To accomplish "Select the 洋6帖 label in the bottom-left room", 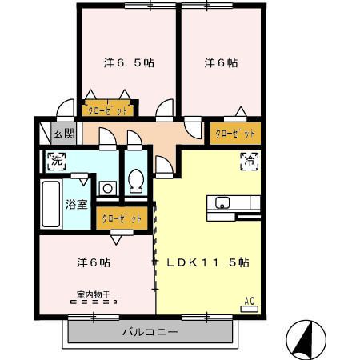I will [x=94, y=262].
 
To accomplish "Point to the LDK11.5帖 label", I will [x=208, y=262].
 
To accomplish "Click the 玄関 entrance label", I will [x=63, y=134].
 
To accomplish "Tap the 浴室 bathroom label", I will [x=77, y=203].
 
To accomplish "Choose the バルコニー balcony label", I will [x=150, y=331].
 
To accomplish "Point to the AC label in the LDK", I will [x=249, y=301].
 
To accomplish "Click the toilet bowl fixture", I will [x=134, y=182].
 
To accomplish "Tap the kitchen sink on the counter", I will [x=221, y=202].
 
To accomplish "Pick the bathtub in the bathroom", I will [x=50, y=203].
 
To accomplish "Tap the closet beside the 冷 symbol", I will [x=235, y=133].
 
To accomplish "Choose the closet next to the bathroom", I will [x=121, y=217].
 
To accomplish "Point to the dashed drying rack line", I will [x=94, y=302].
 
